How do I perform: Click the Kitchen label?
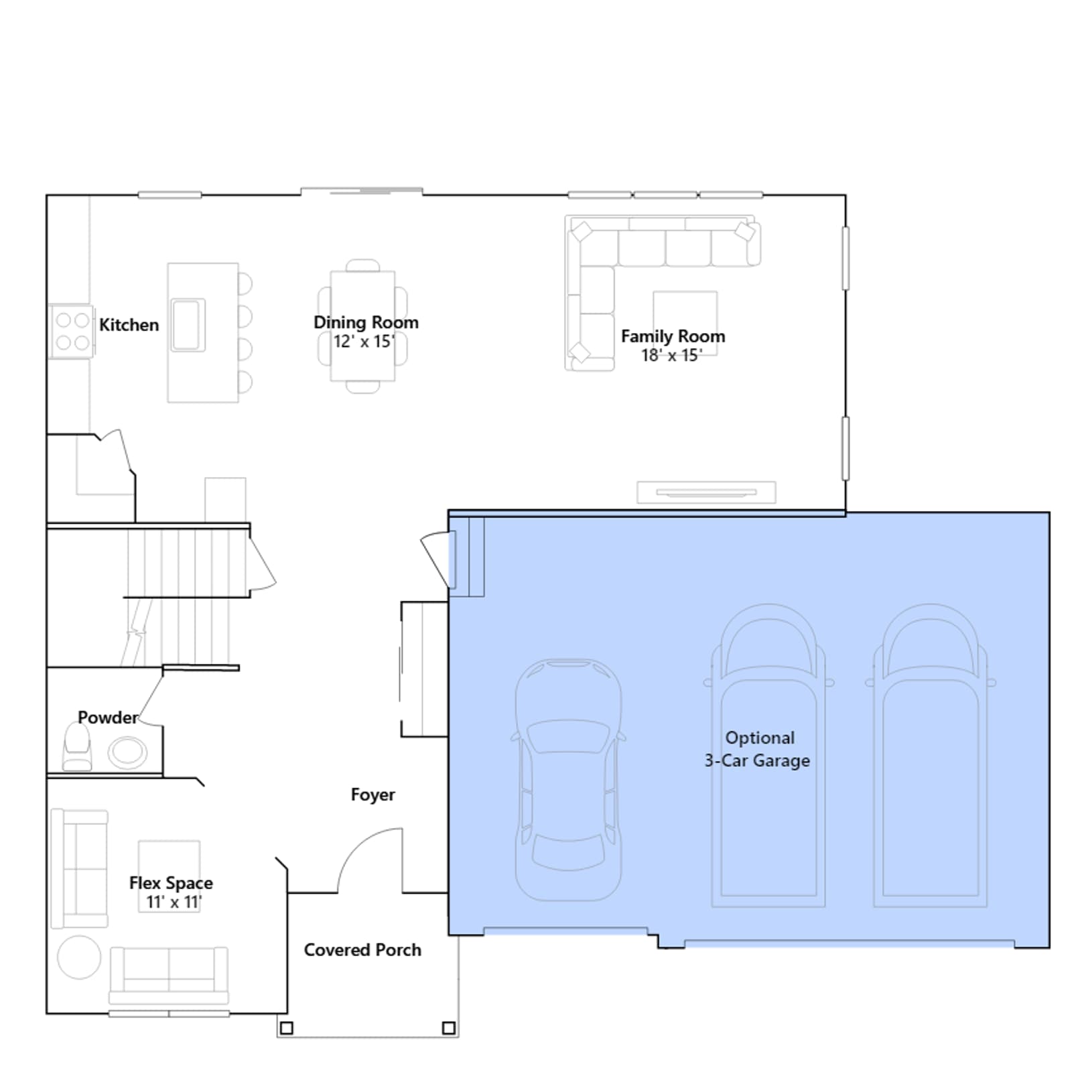(129, 325)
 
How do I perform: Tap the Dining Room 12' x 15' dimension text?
(364, 342)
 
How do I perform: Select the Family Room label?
(673, 336)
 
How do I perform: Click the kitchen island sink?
(187, 325)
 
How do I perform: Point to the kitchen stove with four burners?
(72, 331)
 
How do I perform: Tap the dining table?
(362, 326)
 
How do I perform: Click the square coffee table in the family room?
(685, 322)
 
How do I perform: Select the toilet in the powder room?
(77, 746)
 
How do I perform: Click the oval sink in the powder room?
(127, 752)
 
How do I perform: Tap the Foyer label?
(373, 795)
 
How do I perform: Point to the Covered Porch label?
(362, 950)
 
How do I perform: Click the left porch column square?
(286, 1028)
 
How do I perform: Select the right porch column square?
(449, 1028)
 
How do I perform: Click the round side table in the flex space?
(79, 957)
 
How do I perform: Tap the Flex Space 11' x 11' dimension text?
(174, 902)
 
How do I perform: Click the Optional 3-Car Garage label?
(757, 749)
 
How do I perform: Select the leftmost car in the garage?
(568, 780)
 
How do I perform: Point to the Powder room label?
(108, 718)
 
